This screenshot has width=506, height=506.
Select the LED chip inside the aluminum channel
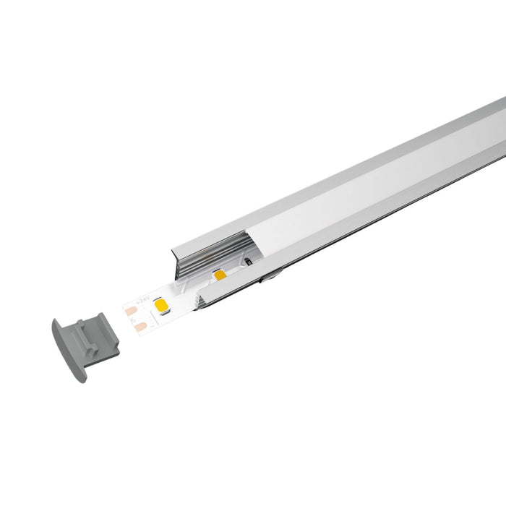(x=218, y=276)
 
